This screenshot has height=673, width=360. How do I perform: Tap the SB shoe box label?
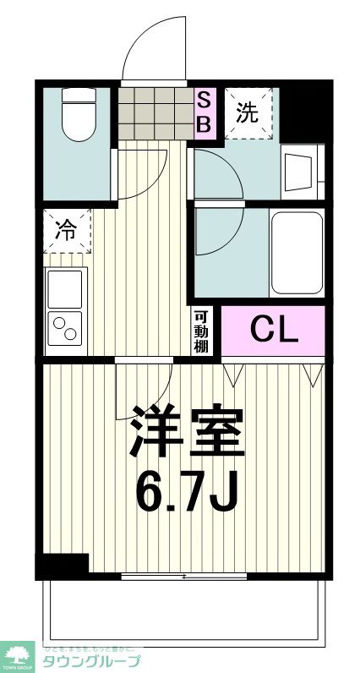tap(205, 112)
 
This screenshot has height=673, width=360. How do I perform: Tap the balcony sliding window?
tap(184, 577)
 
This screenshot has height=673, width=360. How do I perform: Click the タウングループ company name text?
tap(91, 661)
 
